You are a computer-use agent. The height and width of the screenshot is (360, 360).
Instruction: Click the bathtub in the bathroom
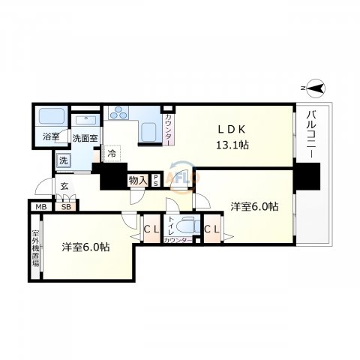(51, 117)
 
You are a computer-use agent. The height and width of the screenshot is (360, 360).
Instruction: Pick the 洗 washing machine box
(64, 160)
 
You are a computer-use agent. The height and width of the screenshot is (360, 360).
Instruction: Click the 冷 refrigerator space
(112, 154)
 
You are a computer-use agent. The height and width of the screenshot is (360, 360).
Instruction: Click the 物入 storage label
(137, 180)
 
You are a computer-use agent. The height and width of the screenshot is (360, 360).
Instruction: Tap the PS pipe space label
(155, 180)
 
